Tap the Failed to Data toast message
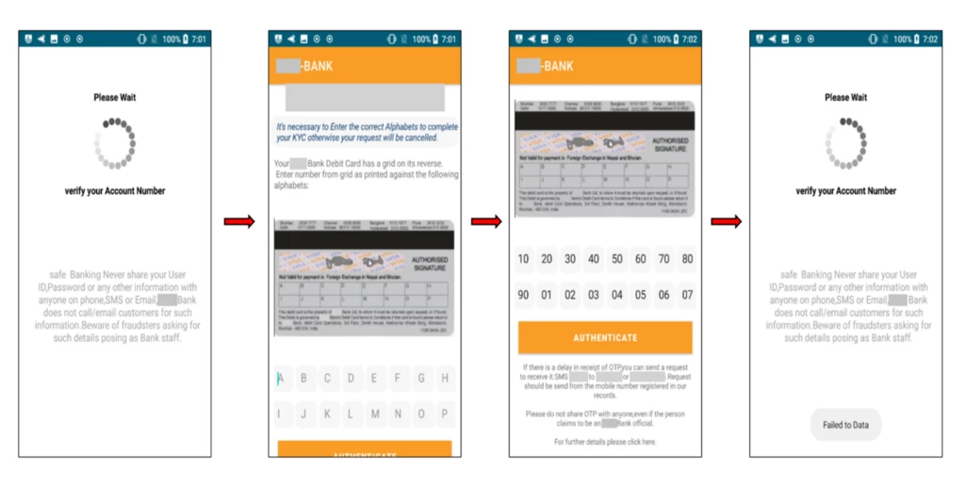pyautogui.click(x=845, y=425)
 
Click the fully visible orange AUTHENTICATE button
pyautogui.click(x=605, y=337)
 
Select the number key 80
pyautogui.click(x=687, y=259)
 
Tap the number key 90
pyautogui.click(x=523, y=295)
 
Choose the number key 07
pyautogui.click(x=687, y=295)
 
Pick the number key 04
pyautogui.click(x=616, y=295)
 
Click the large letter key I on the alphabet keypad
pyautogui.click(x=280, y=414)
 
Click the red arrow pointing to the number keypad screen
pyautogui.click(x=485, y=221)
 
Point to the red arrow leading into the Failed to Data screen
pyautogui.click(x=726, y=221)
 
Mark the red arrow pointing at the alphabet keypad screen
pyautogui.click(x=239, y=221)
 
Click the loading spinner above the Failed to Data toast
pyautogui.click(x=845, y=143)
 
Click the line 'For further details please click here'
pyautogui.click(x=605, y=441)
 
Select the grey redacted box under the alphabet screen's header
pyautogui.click(x=365, y=98)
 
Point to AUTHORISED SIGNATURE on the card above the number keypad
pyautogui.click(x=669, y=144)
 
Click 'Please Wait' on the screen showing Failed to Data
pyautogui.click(x=845, y=97)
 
